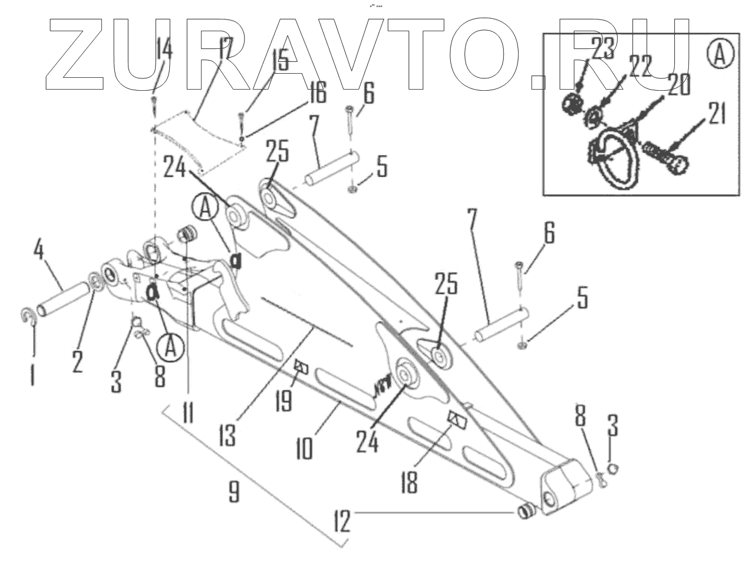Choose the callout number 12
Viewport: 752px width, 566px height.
[342, 521]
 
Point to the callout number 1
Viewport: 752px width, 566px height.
[32, 374]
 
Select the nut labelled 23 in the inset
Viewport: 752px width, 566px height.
[570, 106]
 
